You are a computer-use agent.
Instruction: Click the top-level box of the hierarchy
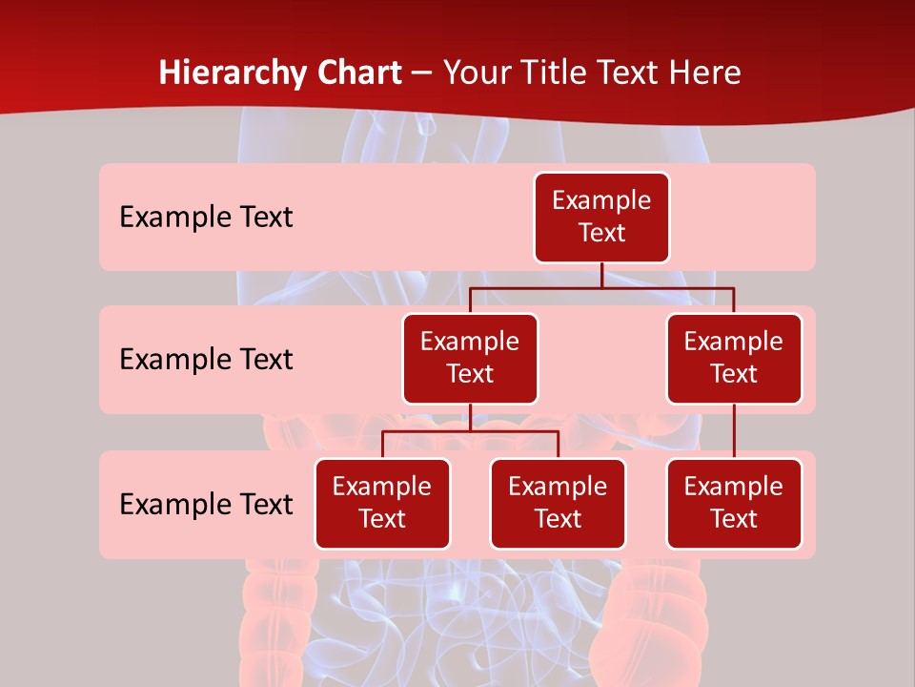click(x=601, y=217)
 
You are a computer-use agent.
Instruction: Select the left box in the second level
click(x=470, y=358)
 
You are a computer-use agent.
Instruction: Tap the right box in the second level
click(x=734, y=358)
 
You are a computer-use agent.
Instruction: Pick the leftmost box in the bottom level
click(x=382, y=503)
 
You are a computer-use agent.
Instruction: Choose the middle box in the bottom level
click(x=558, y=503)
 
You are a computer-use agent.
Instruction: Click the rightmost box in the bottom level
click(x=734, y=503)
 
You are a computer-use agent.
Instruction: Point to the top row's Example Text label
click(x=206, y=218)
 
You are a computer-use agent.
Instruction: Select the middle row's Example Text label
click(x=206, y=360)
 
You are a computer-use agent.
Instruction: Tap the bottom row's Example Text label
click(x=206, y=505)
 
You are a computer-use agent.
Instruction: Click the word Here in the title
click(x=705, y=73)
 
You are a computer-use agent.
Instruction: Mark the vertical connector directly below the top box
click(x=601, y=275)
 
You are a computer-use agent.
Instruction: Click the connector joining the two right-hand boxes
click(x=734, y=431)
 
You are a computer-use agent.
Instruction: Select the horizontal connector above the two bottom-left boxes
click(x=470, y=431)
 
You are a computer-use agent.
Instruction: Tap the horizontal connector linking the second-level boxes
click(x=601, y=287)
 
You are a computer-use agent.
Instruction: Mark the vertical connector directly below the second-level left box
click(x=470, y=417)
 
